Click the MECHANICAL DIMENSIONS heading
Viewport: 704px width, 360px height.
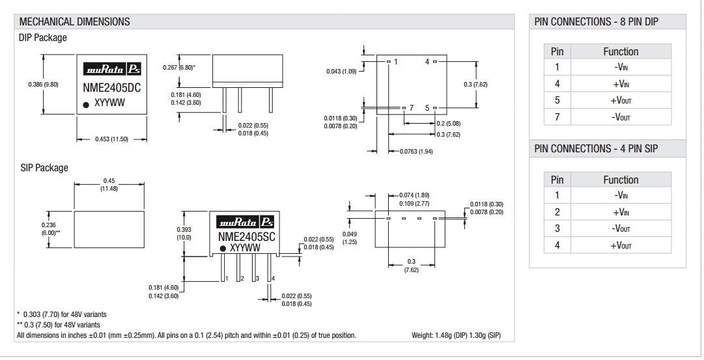tap(75, 21)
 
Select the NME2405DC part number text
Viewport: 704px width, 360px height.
tap(113, 86)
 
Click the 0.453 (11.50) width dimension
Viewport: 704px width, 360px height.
tap(112, 139)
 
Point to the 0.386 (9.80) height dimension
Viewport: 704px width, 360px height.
tap(43, 85)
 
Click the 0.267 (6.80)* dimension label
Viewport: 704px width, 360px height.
tap(178, 67)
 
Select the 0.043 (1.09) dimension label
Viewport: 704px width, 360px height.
tap(341, 71)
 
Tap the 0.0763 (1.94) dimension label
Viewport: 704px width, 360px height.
tap(415, 151)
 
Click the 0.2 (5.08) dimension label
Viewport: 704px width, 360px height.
tap(449, 123)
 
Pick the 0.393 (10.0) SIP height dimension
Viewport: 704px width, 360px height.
tap(184, 233)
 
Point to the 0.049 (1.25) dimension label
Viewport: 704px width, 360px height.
tap(350, 238)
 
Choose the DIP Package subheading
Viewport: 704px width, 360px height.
tap(43, 38)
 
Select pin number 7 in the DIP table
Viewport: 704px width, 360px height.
tap(557, 117)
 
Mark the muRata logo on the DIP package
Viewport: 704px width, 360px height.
tap(112, 70)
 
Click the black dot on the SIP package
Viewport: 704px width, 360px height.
tap(223, 248)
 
